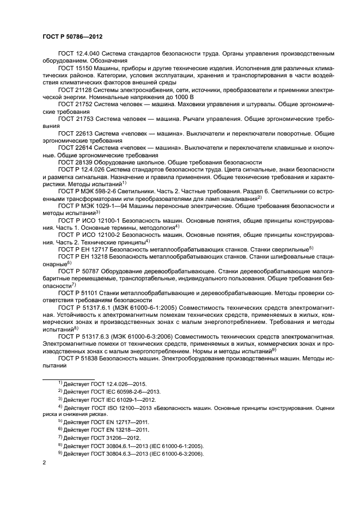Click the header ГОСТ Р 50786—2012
pyautogui.click(x=72, y=36)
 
